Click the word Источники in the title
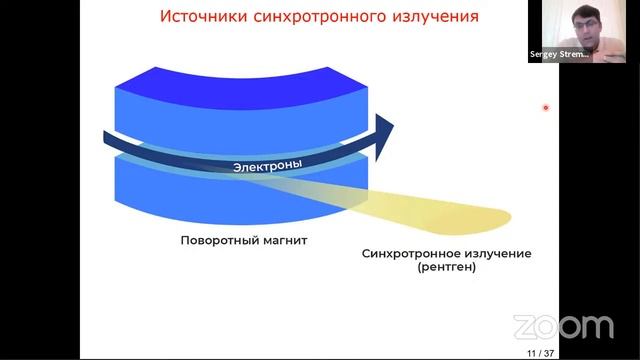[x=203, y=18]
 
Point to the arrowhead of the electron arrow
[x=383, y=125]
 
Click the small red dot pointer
[x=546, y=108]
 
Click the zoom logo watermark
[x=562, y=326]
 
